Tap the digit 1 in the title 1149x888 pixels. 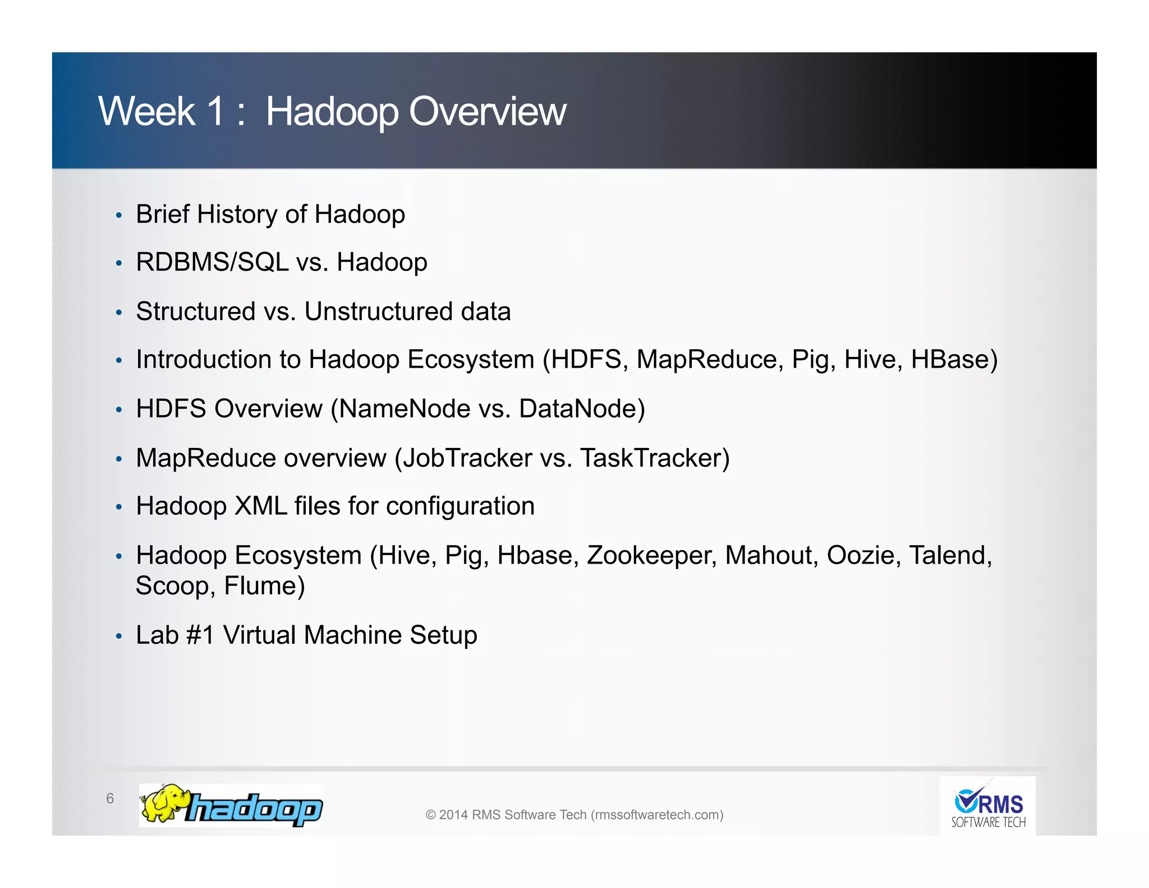pyautogui.click(x=216, y=111)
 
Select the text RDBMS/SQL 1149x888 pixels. pyautogui.click(x=212, y=262)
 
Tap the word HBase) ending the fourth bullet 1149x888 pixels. pyautogui.click(x=954, y=359)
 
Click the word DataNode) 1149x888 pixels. pyautogui.click(x=582, y=409)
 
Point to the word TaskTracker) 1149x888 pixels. pyautogui.click(x=655, y=458)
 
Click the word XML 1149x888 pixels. pyautogui.click(x=261, y=506)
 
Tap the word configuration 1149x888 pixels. pyautogui.click(x=460, y=506)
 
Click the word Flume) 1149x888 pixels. pyautogui.click(x=264, y=586)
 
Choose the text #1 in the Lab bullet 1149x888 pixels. pyautogui.click(x=200, y=635)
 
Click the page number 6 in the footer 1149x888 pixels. pyautogui.click(x=110, y=798)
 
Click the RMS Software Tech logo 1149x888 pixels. pyautogui.click(x=987, y=806)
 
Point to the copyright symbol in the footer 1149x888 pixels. pyautogui.click(x=430, y=815)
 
